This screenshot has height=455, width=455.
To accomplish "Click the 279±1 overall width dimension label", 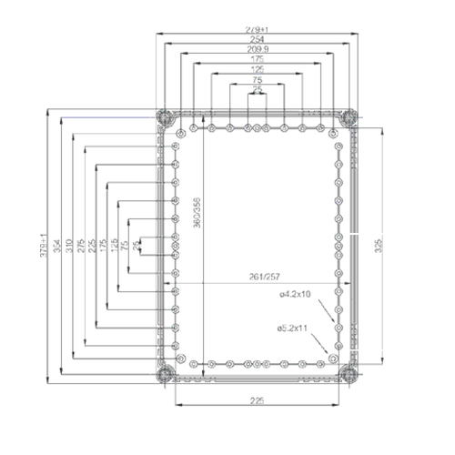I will (258, 30).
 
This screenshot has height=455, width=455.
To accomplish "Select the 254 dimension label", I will (258, 40).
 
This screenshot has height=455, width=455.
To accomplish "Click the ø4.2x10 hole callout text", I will (295, 294).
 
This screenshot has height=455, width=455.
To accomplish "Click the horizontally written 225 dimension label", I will (258, 399).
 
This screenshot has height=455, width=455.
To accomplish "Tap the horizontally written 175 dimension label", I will (258, 60).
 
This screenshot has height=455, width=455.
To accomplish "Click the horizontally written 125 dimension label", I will (258, 70).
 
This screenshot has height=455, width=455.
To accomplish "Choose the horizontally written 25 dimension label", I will (258, 90).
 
